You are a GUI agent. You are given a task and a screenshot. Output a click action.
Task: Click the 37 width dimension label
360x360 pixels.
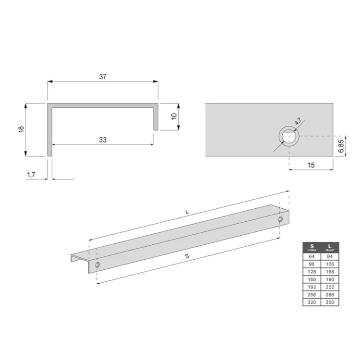102,76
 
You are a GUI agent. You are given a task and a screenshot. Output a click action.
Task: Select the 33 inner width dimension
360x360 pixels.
102,140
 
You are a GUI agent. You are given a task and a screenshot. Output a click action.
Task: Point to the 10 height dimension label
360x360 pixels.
174,116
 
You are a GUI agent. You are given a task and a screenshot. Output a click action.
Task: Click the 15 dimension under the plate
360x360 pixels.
311,165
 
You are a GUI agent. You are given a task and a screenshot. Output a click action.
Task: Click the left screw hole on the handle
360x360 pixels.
97,265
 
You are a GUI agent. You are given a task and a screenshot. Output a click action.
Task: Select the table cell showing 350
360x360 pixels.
330,302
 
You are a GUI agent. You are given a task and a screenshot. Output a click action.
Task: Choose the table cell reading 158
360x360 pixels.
330,272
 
